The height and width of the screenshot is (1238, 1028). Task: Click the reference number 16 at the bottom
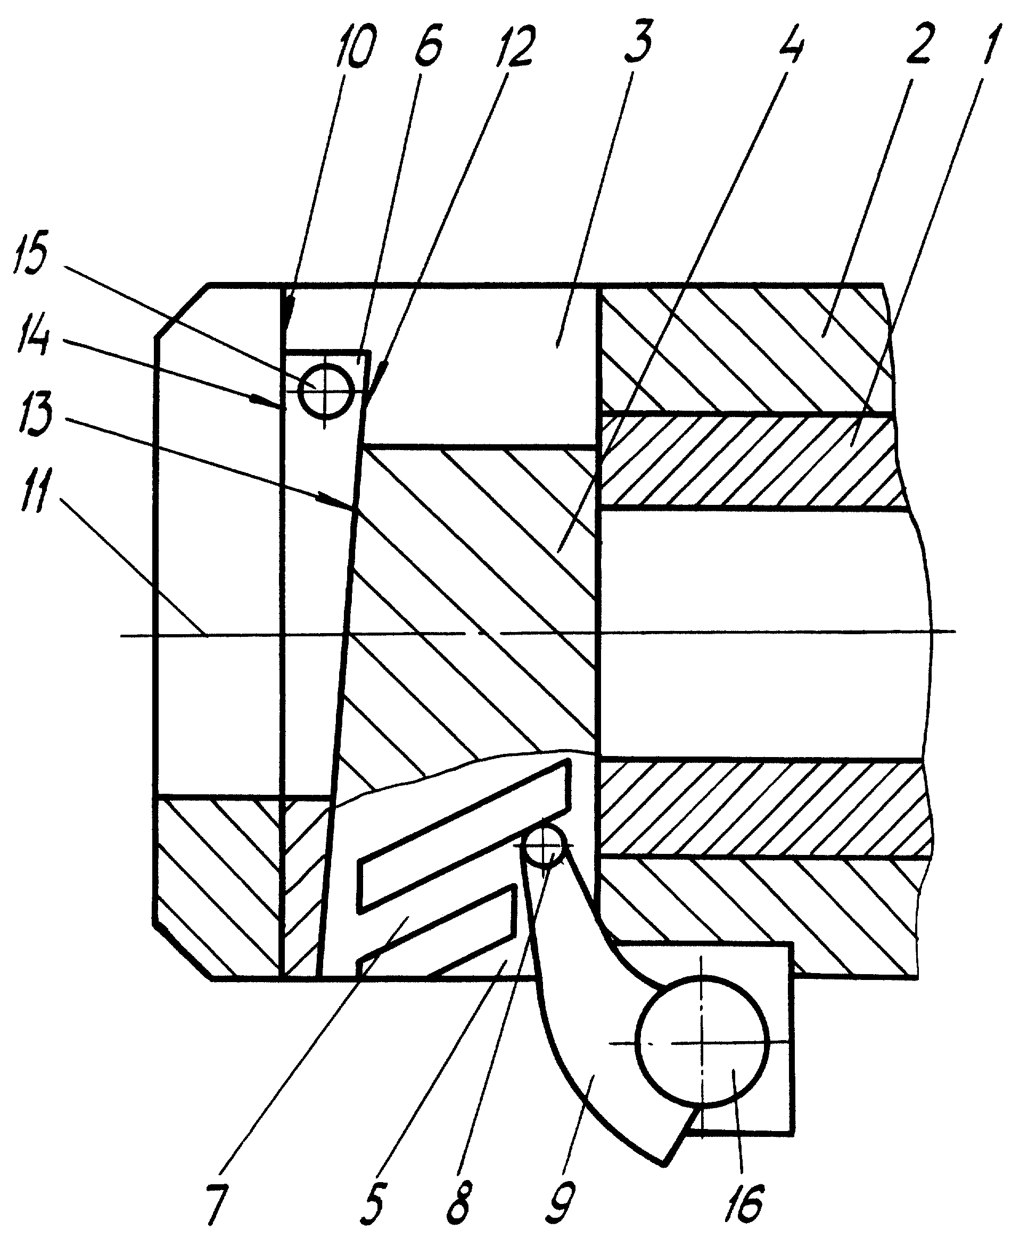744,1203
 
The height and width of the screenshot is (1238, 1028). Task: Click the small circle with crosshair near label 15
326,389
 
